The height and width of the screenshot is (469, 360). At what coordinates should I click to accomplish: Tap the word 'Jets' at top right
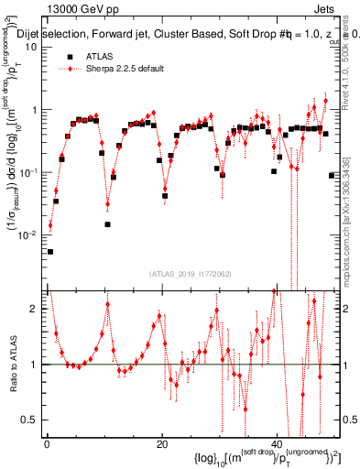(x=324, y=8)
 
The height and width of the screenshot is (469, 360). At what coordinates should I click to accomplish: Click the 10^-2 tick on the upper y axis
(x=27, y=234)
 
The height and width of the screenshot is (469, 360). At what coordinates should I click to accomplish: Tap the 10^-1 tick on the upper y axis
(x=27, y=171)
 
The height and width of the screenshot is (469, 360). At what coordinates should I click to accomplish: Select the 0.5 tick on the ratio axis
(x=31, y=420)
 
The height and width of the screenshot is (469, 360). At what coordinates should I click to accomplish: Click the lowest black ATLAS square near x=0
(x=50, y=251)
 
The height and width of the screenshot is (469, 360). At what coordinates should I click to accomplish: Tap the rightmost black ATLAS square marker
(x=332, y=175)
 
